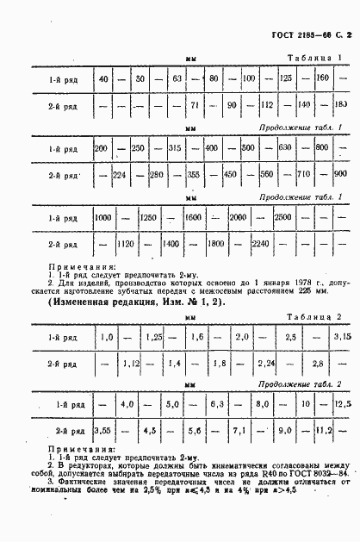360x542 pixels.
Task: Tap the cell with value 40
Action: point(103,80)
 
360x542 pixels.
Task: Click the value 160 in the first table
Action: point(323,80)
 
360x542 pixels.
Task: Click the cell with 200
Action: point(100,149)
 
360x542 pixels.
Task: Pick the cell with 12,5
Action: point(344,403)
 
